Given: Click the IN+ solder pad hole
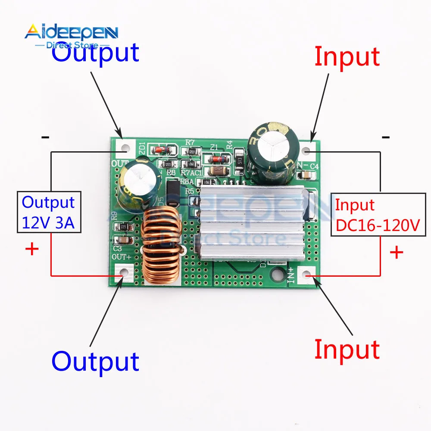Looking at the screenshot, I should pyautogui.click(x=306, y=275).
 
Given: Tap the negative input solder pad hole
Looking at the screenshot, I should pyautogui.click(x=306, y=151).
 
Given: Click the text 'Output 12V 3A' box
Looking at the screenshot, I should pyautogui.click(x=49, y=212).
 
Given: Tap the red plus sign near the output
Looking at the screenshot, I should pyautogui.click(x=32, y=249).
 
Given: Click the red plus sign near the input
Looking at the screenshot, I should pyautogui.click(x=396, y=252).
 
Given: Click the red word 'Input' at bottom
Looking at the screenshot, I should pyautogui.click(x=347, y=349).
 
